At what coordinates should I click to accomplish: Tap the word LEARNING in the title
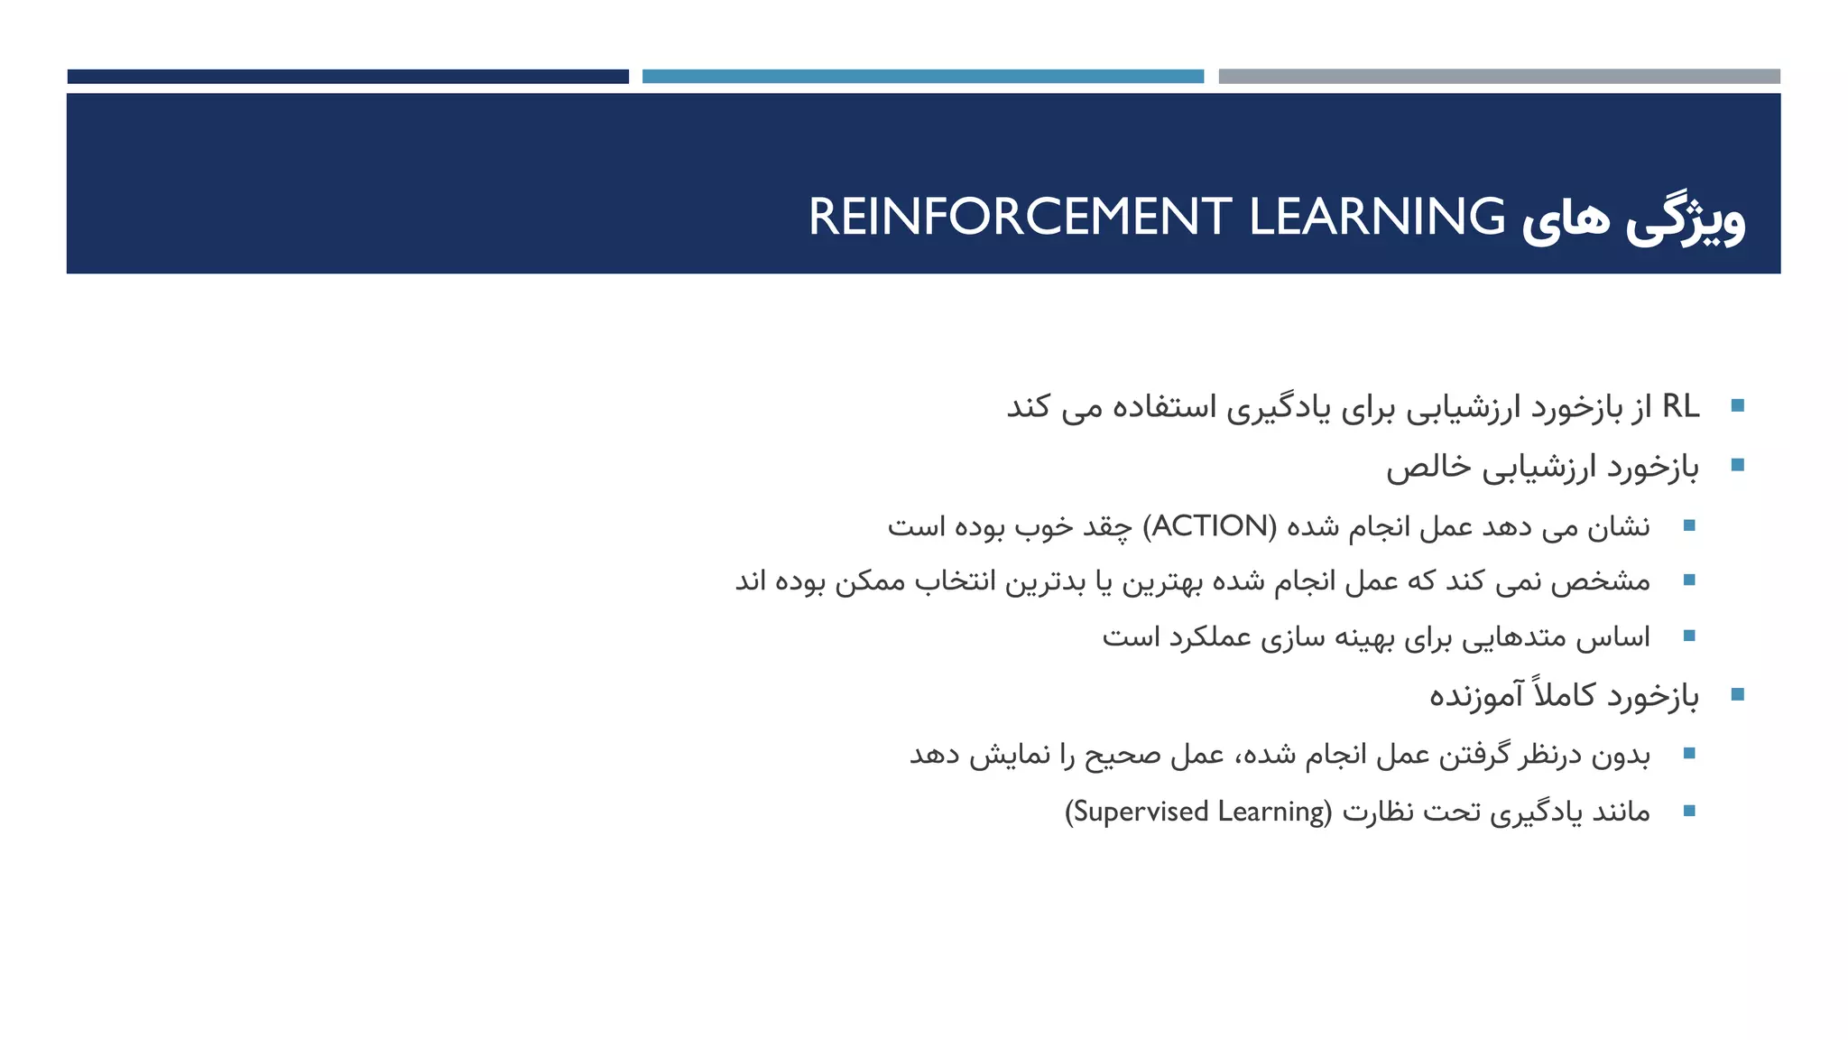(1377, 218)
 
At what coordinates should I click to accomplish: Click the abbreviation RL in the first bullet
(1680, 406)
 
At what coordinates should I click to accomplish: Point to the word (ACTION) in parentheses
(1210, 525)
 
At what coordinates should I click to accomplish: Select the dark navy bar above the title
(347, 77)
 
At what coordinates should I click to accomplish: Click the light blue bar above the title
(922, 77)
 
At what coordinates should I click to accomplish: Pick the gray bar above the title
(1499, 77)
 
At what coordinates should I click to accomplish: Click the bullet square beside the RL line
(1738, 406)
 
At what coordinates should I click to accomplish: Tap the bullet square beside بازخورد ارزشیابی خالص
(1738, 466)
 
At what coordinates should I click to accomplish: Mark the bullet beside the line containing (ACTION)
(1689, 525)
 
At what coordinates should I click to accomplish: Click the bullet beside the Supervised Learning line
(1689, 812)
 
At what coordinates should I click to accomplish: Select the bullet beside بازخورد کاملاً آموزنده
(1738, 694)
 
